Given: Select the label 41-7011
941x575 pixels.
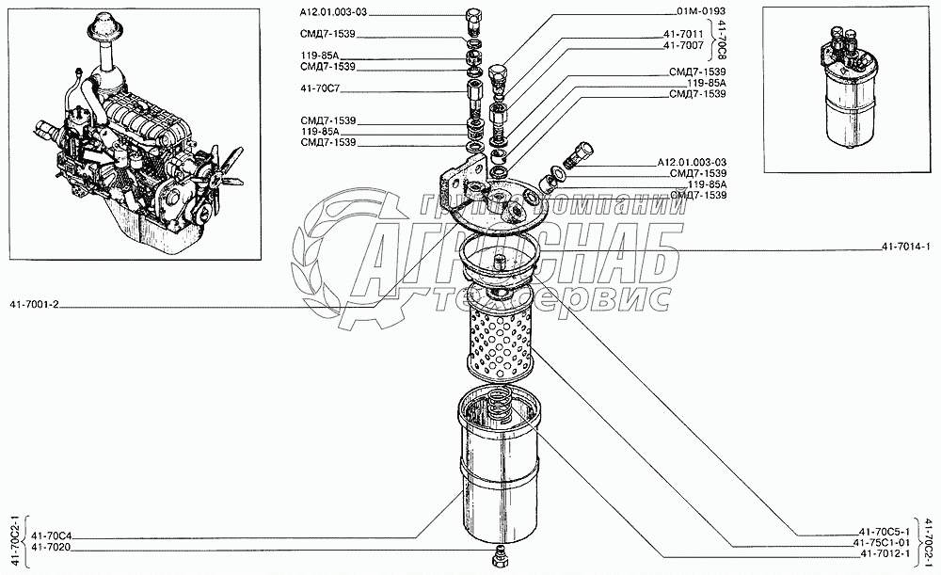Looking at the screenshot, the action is [x=683, y=35].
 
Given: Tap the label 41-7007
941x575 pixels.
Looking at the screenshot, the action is [x=683, y=45].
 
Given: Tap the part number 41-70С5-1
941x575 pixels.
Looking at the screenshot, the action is [x=884, y=533].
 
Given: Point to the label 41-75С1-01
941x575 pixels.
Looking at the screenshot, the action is [x=882, y=544].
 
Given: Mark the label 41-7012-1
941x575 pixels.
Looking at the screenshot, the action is [x=884, y=555].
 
